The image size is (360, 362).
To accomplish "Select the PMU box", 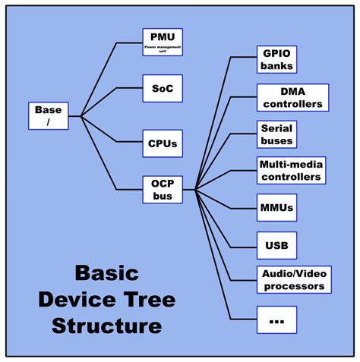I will [163, 42].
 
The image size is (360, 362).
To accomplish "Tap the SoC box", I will [163, 88].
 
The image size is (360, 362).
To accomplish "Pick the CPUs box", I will [163, 141].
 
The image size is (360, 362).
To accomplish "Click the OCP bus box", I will [163, 189].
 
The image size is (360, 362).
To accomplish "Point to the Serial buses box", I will [276, 134].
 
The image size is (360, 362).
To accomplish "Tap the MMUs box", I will [276, 207].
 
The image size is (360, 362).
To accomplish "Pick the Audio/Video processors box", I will [292, 280].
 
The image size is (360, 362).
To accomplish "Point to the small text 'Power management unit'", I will [163, 49].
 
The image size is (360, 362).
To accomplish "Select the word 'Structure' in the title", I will [106, 326].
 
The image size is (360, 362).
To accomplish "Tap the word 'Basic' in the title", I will [106, 273].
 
